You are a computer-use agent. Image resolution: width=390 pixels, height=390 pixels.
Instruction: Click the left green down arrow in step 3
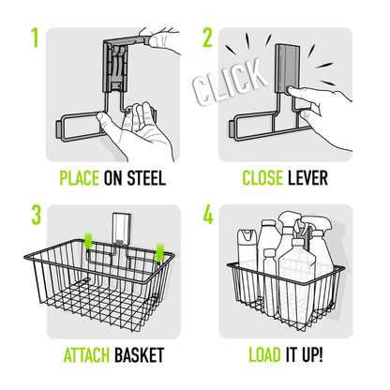(86, 242)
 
